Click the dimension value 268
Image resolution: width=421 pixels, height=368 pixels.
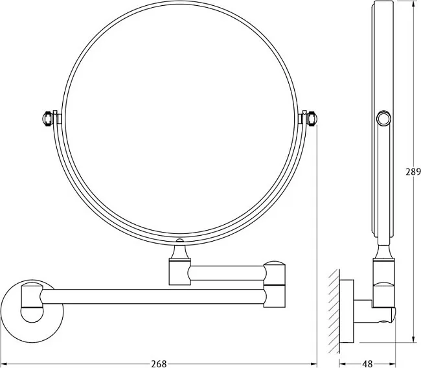tap(159, 363)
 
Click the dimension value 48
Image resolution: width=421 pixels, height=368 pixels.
tap(367, 363)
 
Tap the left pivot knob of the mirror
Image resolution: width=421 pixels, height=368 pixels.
tap(47, 119)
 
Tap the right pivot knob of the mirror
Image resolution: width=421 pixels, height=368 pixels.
tap(313, 119)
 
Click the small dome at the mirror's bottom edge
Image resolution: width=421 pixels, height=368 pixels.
tap(180, 240)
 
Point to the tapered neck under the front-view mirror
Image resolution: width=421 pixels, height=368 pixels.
tap(180, 250)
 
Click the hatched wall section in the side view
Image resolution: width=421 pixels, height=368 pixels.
tap(334, 311)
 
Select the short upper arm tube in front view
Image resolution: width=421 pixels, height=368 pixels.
tap(227, 273)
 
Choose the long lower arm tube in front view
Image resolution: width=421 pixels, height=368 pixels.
tap(152, 297)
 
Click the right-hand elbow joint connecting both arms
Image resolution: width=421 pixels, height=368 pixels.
tap(275, 284)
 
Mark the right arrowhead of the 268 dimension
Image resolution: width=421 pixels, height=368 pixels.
tap(313, 364)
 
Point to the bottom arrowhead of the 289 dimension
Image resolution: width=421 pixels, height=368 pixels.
tap(413, 339)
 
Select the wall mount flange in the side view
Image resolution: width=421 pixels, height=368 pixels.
tap(347, 311)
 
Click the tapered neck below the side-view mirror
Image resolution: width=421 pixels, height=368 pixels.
tap(384, 251)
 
